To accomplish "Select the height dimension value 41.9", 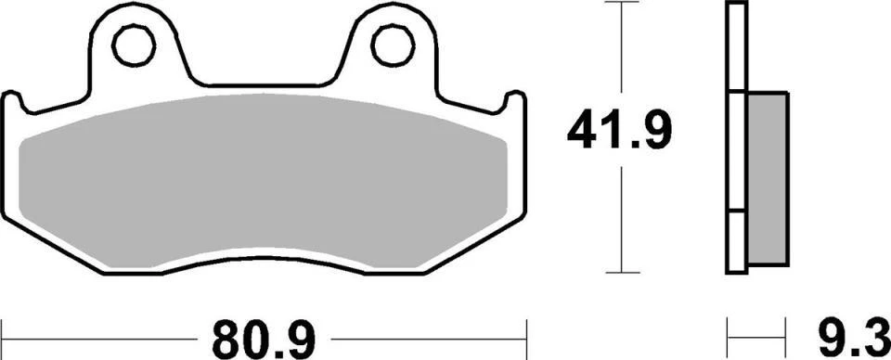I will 619,132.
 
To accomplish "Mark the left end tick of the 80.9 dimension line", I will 3,330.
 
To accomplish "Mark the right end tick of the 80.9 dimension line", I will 526,330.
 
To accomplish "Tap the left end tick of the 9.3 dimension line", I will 728,330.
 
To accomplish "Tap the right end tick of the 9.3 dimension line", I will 787,330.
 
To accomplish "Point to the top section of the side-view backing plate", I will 736,46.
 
